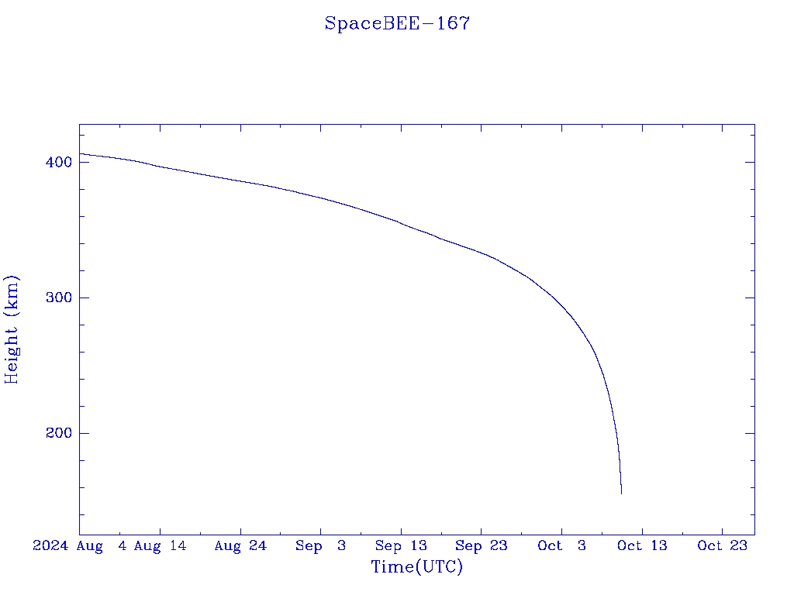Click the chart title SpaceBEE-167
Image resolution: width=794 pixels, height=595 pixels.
[x=397, y=23]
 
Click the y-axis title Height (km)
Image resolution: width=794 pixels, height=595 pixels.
[x=12, y=329]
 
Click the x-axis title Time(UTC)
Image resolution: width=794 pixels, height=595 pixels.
[x=417, y=567]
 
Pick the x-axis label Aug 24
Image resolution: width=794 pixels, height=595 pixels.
[x=240, y=545]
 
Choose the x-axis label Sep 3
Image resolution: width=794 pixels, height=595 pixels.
[x=321, y=545]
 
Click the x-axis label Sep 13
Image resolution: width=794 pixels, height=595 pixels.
[x=401, y=545]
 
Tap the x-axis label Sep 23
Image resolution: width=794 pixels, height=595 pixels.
[x=482, y=545]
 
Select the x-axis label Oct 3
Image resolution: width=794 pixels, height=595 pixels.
[x=561, y=545]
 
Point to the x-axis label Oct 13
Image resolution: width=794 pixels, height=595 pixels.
[x=642, y=545]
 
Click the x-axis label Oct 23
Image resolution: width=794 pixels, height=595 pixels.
[x=722, y=545]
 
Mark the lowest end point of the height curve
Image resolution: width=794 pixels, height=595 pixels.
[x=621, y=494]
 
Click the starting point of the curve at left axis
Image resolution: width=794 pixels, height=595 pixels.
[x=80, y=153]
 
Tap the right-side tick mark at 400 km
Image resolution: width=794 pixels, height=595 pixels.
[x=750, y=162]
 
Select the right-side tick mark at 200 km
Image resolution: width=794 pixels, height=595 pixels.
[x=750, y=433]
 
